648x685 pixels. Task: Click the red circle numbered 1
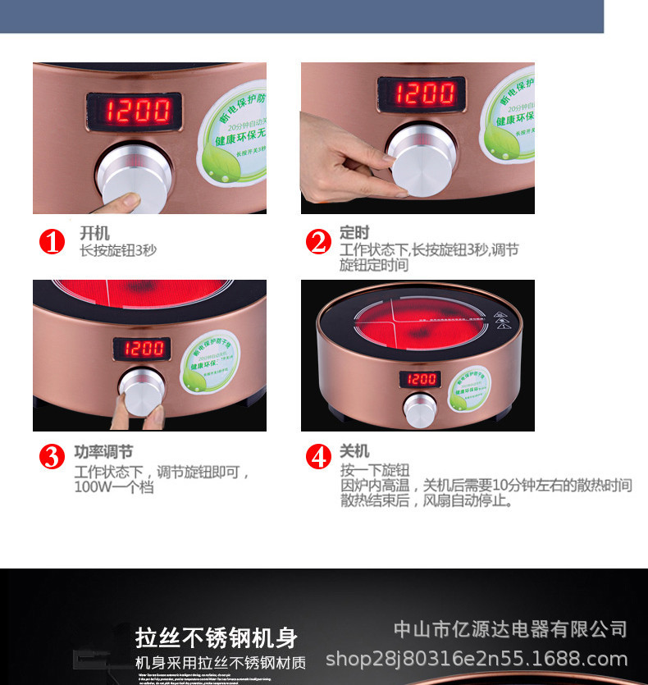click(52, 242)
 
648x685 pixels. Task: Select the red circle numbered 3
click(52, 457)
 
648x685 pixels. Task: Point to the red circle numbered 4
click(318, 457)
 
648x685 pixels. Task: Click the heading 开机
click(94, 235)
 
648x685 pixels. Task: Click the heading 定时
click(354, 233)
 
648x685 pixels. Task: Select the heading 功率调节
click(103, 452)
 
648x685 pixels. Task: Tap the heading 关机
click(354, 451)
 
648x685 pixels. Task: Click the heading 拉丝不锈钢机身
click(216, 638)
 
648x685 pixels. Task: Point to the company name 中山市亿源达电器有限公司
click(510, 630)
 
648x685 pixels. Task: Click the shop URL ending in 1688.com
click(477, 659)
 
